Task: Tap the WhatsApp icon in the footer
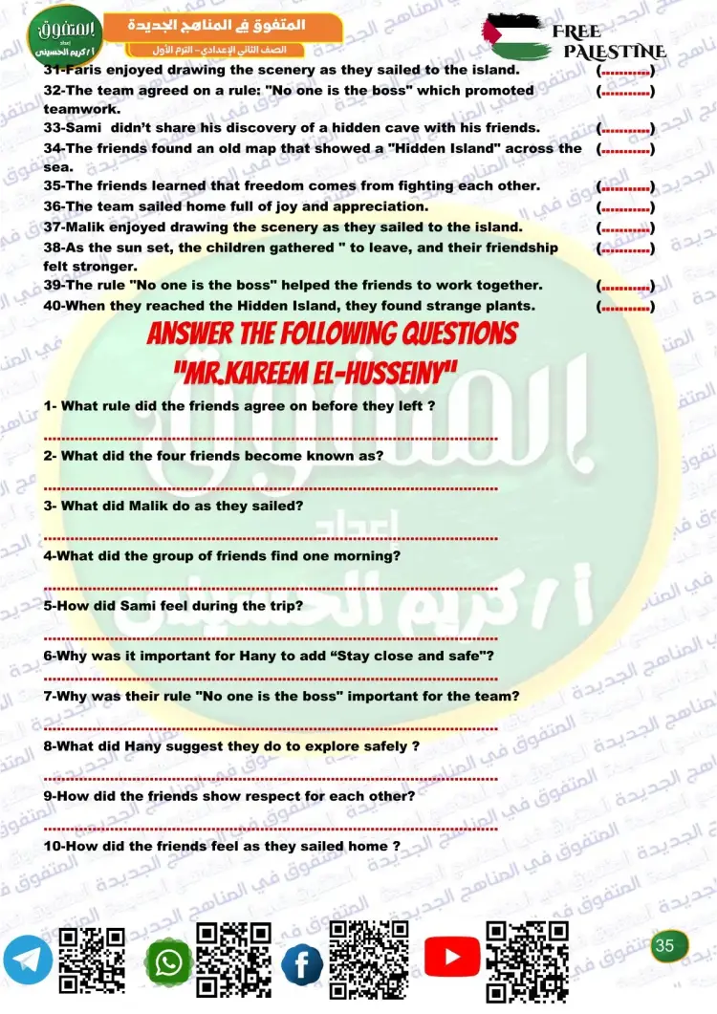[169, 963]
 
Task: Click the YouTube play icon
[451, 956]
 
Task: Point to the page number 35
[665, 945]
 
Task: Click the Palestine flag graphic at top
[516, 36]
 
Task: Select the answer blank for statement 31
[625, 70]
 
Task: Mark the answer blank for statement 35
[625, 186]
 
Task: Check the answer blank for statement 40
[625, 306]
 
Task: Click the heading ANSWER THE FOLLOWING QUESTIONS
[332, 334]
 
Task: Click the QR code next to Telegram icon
[93, 960]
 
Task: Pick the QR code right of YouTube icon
[527, 960]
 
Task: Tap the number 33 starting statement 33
[53, 127]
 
